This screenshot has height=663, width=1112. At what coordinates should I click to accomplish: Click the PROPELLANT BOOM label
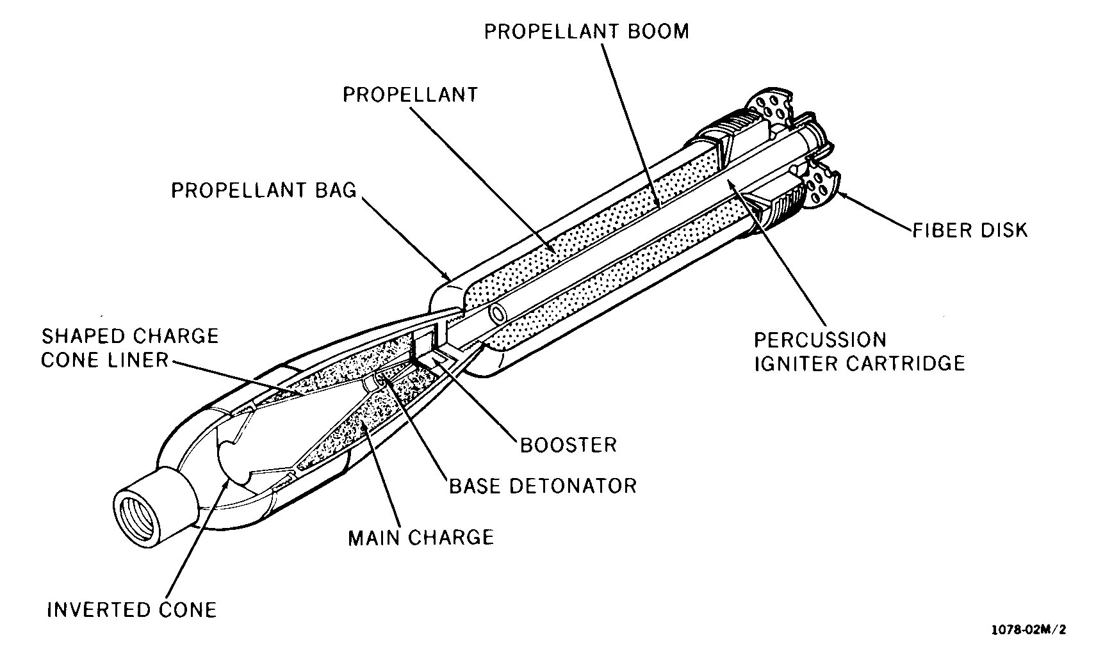tap(586, 31)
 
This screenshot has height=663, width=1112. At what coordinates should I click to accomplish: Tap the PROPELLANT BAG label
tap(263, 191)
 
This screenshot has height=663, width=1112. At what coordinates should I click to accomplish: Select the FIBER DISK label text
tap(970, 230)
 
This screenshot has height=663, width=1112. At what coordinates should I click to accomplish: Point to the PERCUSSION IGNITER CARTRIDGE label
tap(859, 351)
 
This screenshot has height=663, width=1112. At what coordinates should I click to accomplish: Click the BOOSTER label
tap(568, 445)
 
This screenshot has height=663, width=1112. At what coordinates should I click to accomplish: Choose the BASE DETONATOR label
tap(543, 486)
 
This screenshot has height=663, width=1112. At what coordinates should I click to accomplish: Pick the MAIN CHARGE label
tap(421, 537)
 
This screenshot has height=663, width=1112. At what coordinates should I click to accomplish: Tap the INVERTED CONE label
tap(132, 610)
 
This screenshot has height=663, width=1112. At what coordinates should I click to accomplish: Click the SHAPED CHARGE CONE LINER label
tap(129, 347)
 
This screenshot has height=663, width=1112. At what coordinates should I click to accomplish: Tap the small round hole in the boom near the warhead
tap(497, 314)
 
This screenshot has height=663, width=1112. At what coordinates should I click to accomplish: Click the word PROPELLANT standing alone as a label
tap(410, 95)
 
